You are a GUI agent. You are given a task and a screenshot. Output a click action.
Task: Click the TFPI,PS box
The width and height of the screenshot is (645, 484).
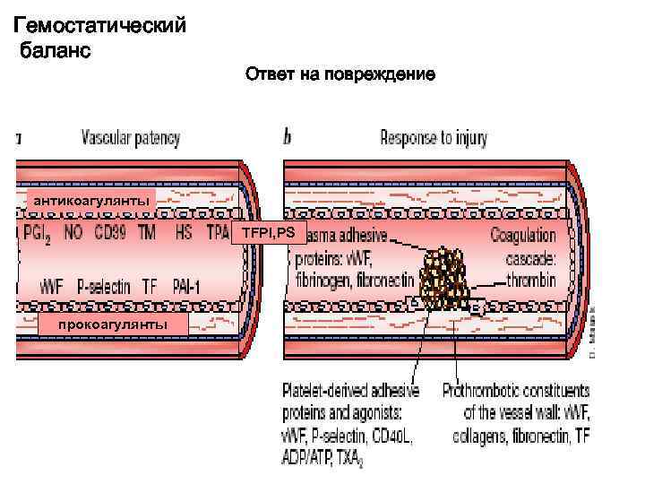click(x=264, y=234)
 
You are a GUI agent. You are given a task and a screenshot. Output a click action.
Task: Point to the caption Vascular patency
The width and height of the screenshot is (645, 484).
click(x=131, y=138)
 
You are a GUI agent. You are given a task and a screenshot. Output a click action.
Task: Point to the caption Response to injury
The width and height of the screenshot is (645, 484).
click(x=434, y=138)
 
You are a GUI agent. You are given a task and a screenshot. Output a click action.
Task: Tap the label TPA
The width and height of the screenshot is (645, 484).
click(x=219, y=233)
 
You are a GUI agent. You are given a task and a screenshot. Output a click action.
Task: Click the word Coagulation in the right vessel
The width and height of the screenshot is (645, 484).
click(x=522, y=236)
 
